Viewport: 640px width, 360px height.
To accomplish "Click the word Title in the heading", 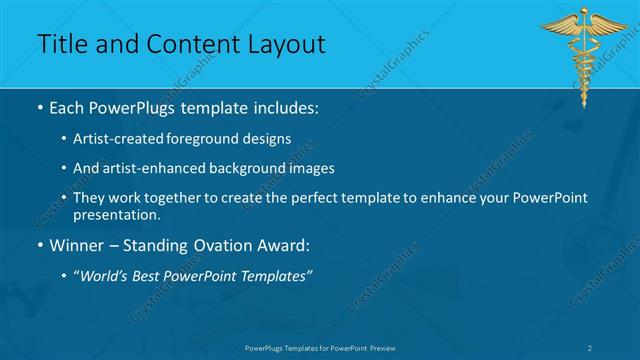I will coord(61,45).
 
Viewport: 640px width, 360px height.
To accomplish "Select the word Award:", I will coord(284,244).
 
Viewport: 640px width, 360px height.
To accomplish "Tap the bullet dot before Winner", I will coord(39,245).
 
